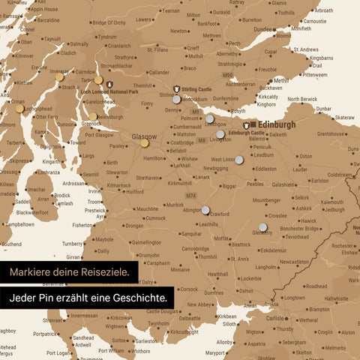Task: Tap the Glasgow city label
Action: [x=144, y=137]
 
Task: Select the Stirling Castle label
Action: [x=196, y=88]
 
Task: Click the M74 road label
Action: [x=190, y=196]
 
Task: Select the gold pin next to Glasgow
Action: [x=144, y=143]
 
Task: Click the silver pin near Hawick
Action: [x=263, y=226]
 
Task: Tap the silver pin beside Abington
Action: [x=205, y=211]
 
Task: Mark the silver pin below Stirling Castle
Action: [x=176, y=98]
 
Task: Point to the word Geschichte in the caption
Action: [x=139, y=298]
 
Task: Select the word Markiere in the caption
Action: [x=31, y=271]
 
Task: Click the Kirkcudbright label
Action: [x=184, y=331]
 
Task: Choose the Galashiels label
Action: [x=283, y=184]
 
